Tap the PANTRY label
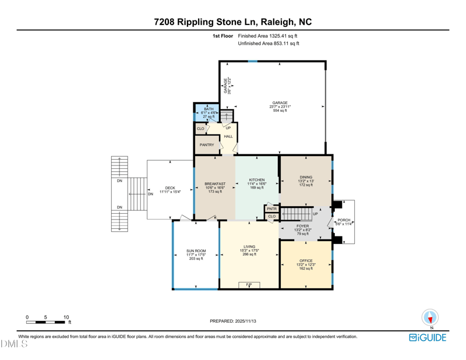(207, 145)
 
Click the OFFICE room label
(306, 260)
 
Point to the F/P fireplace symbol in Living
(249, 284)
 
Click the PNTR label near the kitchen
(271, 208)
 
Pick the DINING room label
(306, 177)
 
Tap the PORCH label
(344, 220)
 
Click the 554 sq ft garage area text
(280, 111)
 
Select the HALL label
(228, 136)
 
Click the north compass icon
(430, 318)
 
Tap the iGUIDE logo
(428, 337)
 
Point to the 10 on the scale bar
(66, 317)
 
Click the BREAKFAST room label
(214, 184)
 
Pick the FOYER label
(303, 225)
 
